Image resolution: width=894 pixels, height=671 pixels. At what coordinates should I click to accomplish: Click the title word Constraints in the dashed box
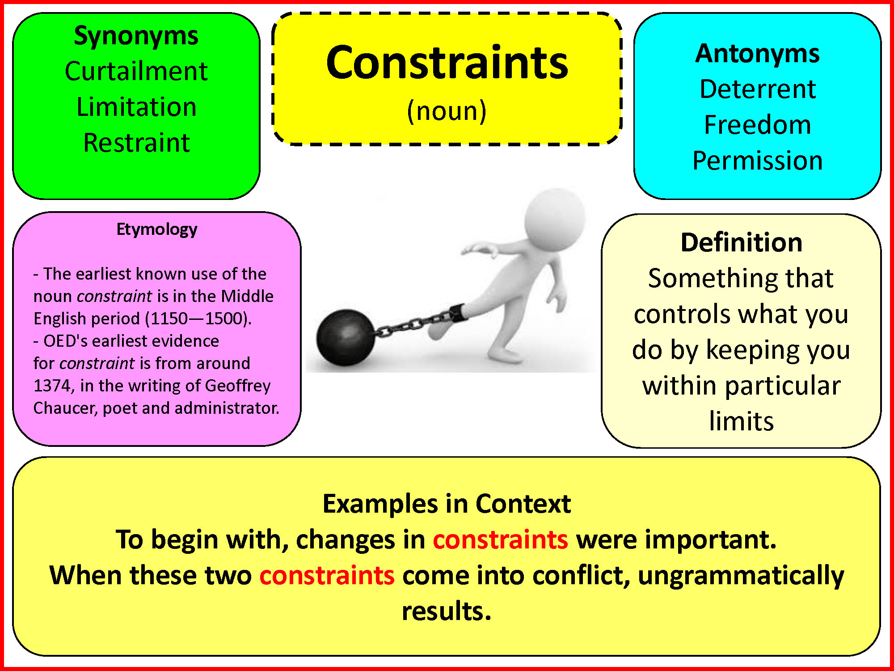click(x=447, y=63)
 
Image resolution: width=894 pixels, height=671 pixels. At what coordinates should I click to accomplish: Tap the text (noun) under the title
click(x=447, y=111)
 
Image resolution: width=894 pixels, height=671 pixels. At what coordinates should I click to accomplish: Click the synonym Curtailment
click(x=136, y=71)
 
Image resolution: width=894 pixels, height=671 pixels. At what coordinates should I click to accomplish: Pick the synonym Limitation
click(x=136, y=107)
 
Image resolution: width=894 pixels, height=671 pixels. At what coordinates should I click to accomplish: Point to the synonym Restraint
click(x=136, y=143)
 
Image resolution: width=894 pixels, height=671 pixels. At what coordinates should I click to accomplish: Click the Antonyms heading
click(x=758, y=54)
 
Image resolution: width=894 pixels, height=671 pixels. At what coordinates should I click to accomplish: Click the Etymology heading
click(x=157, y=229)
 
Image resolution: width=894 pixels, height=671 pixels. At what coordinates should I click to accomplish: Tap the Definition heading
click(x=742, y=242)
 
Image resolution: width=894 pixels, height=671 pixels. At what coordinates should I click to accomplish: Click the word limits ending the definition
click(x=742, y=421)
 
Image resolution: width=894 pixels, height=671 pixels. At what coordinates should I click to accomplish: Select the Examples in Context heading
click(x=447, y=504)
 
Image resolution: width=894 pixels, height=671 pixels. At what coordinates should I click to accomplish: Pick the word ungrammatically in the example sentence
click(x=741, y=576)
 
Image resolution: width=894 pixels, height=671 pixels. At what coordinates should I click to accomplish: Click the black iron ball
click(x=346, y=339)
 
